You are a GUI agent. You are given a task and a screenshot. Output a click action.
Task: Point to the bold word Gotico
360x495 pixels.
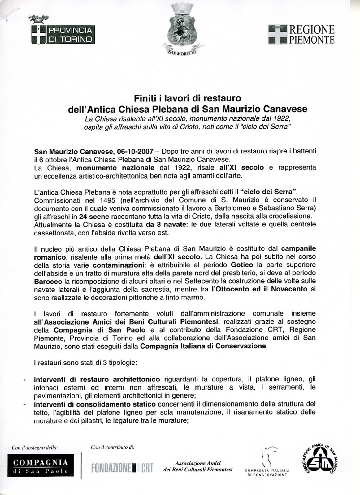coord(242,265)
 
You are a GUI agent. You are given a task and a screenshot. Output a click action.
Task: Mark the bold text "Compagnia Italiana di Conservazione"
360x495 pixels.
coord(203,346)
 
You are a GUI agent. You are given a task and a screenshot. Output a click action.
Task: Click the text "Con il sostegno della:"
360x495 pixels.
coord(35,447)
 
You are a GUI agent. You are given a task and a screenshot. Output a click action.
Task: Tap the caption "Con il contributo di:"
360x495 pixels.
coord(113,447)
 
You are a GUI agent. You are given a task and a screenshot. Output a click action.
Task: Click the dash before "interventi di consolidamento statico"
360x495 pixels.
coord(24,404)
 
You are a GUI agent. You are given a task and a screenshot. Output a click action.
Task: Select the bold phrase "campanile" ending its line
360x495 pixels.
coord(298,249)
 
